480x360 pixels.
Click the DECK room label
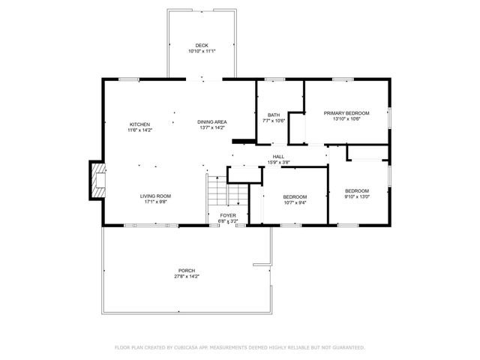coord(202,46)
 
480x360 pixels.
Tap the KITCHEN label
coord(139,124)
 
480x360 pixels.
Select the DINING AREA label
coord(212,122)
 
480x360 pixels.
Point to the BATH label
coord(274,115)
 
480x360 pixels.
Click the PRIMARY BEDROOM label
coord(346,113)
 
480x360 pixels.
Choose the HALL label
coord(278,157)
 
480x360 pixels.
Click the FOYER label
coord(228,215)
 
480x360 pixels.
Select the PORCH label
coord(187,271)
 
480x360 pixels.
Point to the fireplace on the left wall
coord(97,180)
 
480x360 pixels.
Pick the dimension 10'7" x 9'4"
coord(295,202)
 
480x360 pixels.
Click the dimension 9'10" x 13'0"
coord(356,196)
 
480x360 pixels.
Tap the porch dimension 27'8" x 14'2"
coord(187,277)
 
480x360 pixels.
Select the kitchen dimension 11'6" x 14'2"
coord(139,130)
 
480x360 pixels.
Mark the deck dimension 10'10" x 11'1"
coord(202,52)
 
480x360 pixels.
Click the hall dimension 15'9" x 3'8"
coord(278,163)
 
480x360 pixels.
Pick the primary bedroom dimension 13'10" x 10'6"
coord(346,119)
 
